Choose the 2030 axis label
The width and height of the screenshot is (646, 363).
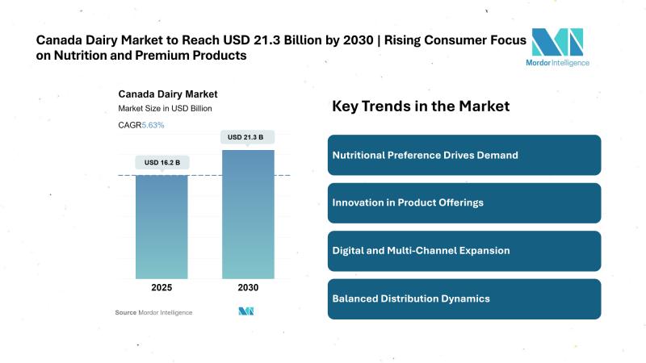click(248, 288)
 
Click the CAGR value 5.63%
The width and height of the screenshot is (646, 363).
click(153, 125)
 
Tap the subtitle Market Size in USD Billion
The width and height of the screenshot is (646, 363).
click(165, 109)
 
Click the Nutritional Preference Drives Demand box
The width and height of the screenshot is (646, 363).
click(464, 155)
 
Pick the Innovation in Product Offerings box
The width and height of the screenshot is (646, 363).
click(464, 202)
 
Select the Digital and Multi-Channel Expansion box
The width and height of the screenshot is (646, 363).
click(464, 251)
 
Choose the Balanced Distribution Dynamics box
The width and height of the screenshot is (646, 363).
click(464, 298)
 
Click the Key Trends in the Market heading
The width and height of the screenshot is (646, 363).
click(421, 106)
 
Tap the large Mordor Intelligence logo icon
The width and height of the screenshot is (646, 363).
click(557, 41)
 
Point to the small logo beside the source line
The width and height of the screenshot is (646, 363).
click(247, 311)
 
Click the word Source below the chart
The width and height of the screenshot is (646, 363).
click(125, 312)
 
